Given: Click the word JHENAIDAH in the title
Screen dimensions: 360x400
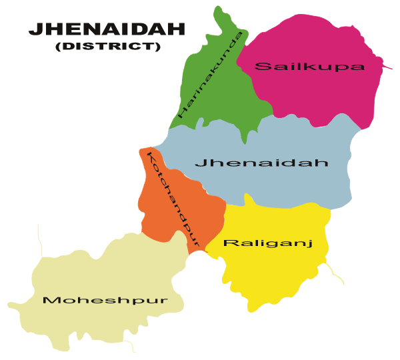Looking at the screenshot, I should (107, 30).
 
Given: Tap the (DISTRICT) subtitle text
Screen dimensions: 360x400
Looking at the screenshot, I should (108, 47).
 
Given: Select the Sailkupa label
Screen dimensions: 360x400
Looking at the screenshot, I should (310, 66).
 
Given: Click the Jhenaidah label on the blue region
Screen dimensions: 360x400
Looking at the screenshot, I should (261, 163).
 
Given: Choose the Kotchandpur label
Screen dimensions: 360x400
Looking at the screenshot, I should (173, 199).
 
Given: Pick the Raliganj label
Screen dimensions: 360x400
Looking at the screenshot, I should (267, 243).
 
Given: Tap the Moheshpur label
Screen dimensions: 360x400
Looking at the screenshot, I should (104, 300).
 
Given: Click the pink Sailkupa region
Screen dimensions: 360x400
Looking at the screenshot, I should (313, 93).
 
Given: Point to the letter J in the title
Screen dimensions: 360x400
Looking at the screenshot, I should (34, 30).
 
